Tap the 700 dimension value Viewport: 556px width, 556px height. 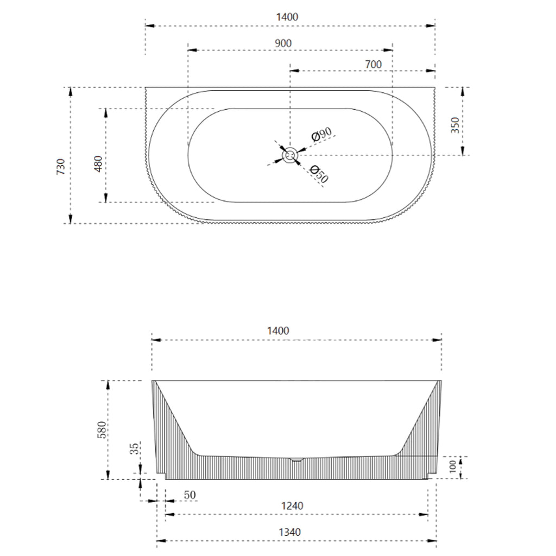pyautogui.click(x=373, y=64)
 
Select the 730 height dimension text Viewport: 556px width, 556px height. pyautogui.click(x=61, y=166)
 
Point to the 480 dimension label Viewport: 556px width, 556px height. pyautogui.click(x=98, y=163)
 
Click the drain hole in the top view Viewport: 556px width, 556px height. pyautogui.click(x=290, y=156)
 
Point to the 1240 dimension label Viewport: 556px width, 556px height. pyautogui.click(x=292, y=506)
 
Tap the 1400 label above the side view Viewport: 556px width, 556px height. pyautogui.click(x=278, y=330)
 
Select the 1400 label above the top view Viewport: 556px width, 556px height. pyautogui.click(x=287, y=17)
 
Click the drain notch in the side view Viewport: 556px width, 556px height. pyautogui.click(x=296, y=459)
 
